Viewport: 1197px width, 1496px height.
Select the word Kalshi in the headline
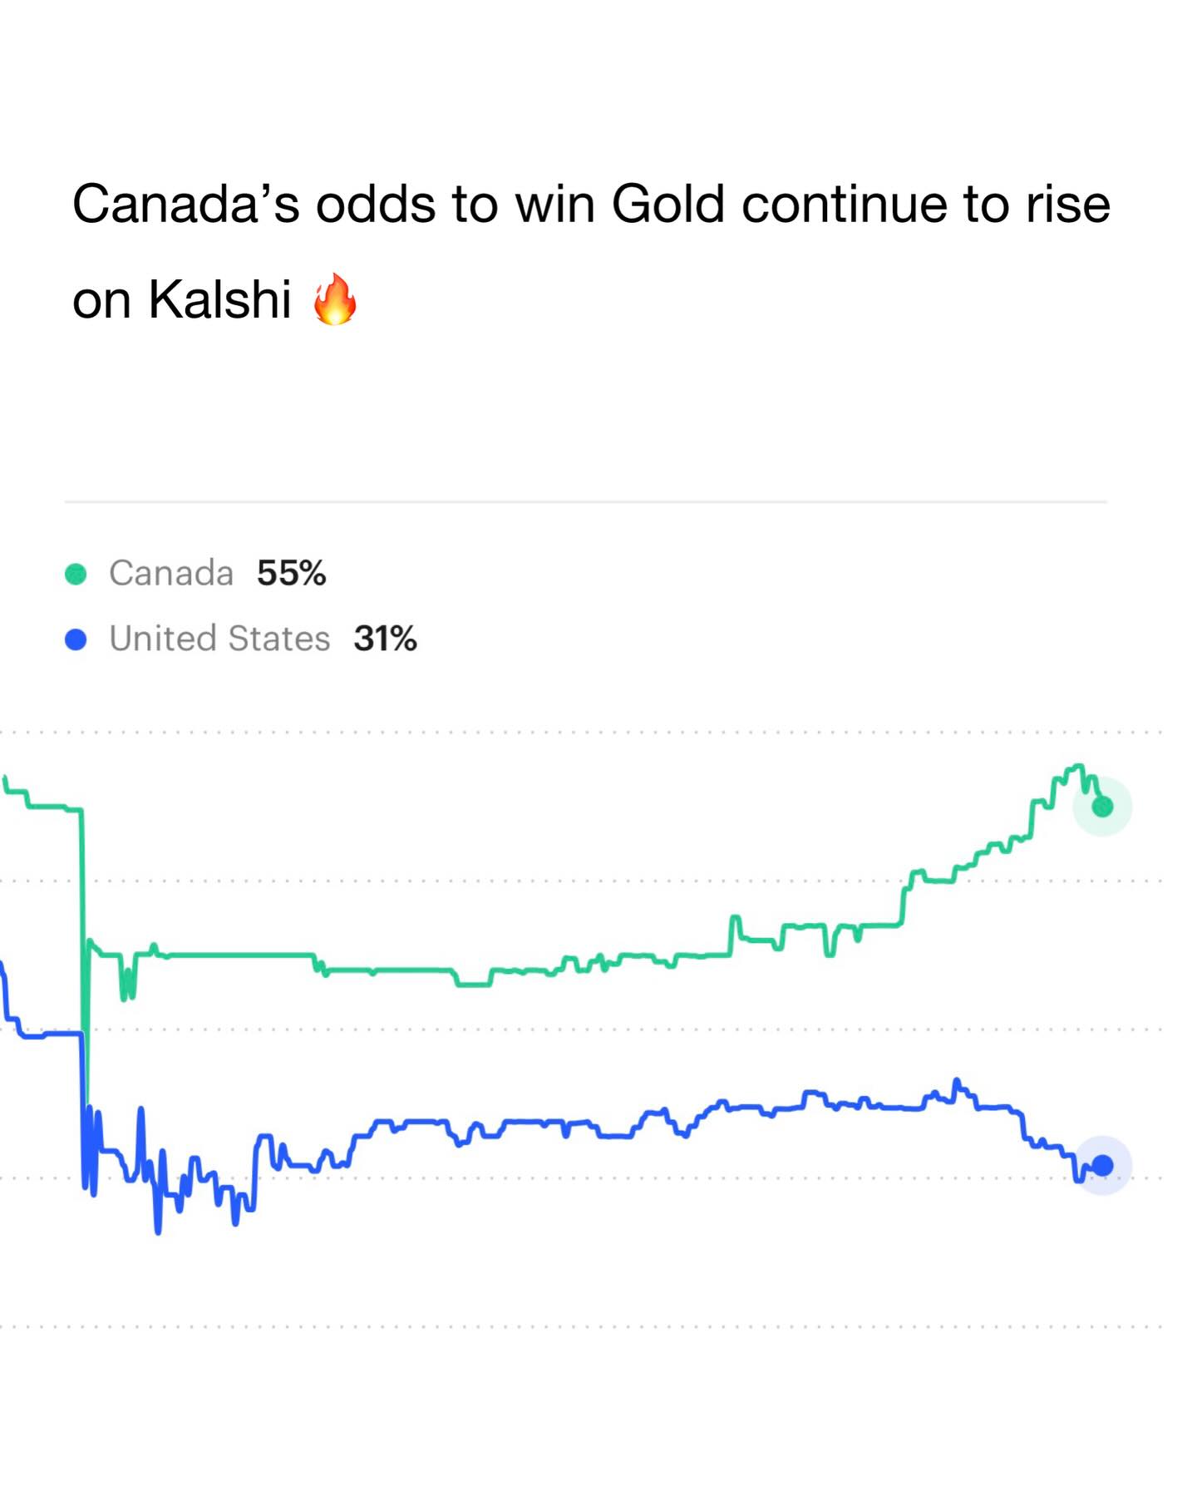tap(219, 299)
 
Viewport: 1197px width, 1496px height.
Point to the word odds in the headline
tap(375, 204)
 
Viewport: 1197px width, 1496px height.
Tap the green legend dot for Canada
tap(76, 574)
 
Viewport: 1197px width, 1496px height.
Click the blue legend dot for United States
tap(76, 639)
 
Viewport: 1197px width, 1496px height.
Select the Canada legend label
tap(171, 573)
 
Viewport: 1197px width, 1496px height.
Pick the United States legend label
tap(219, 639)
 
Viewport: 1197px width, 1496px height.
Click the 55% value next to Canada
tap(291, 573)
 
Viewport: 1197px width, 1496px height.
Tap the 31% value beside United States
tap(385, 639)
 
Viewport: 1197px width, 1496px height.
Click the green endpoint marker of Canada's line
tap(1102, 806)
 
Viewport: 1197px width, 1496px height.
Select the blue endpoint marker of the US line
tap(1102, 1165)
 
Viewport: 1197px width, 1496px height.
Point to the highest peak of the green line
tap(1078, 766)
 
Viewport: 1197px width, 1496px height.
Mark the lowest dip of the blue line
tap(158, 1231)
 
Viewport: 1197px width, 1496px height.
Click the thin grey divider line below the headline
tap(585, 501)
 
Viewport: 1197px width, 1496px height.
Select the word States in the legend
tap(278, 639)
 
